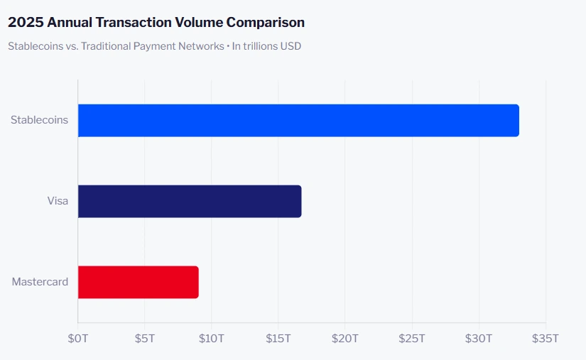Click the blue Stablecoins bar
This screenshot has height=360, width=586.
click(x=298, y=121)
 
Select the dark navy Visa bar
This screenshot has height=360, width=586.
click(x=190, y=201)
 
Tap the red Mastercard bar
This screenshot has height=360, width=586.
click(x=138, y=282)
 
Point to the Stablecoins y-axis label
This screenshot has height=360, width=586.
click(x=39, y=120)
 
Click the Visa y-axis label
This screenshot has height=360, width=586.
click(x=58, y=201)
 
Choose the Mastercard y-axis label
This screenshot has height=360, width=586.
click(x=40, y=282)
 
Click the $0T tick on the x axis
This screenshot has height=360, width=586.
click(x=78, y=337)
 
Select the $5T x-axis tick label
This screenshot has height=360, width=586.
click(x=145, y=337)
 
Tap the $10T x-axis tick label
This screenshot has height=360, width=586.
click(x=212, y=337)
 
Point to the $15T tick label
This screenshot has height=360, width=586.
click(x=278, y=337)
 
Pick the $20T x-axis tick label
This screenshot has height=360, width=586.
click(x=345, y=337)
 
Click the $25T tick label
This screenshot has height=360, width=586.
click(x=412, y=337)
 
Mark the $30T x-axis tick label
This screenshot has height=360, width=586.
click(x=479, y=337)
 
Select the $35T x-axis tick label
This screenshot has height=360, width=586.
click(x=546, y=337)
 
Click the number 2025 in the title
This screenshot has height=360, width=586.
click(x=25, y=23)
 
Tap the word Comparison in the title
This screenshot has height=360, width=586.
click(x=268, y=23)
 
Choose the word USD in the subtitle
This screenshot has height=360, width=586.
click(x=291, y=47)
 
